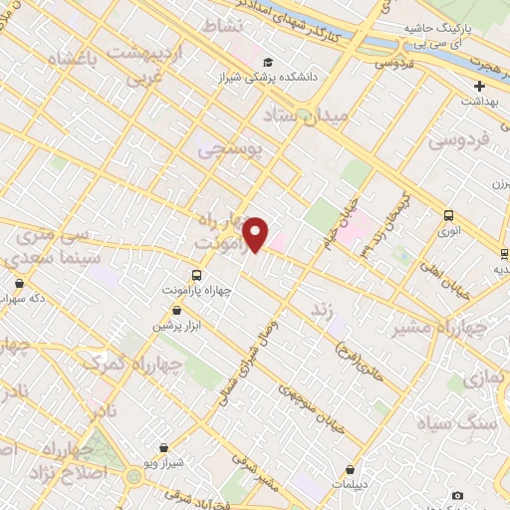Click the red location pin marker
[256, 234]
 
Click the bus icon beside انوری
[449, 215]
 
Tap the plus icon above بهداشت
[478, 86]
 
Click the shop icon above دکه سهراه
[18, 283]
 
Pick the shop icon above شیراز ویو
[163, 448]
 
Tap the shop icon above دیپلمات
[351, 470]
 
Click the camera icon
[457, 495]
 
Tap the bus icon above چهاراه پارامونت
[196, 275]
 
